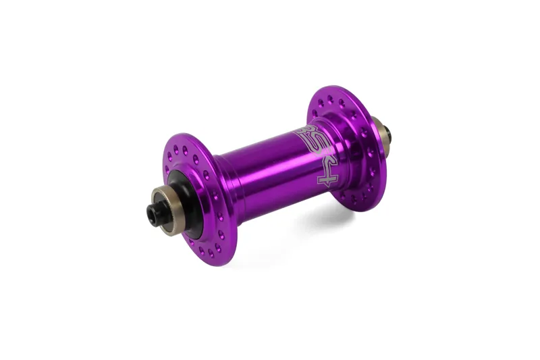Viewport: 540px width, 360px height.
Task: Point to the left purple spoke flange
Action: point(202,203)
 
